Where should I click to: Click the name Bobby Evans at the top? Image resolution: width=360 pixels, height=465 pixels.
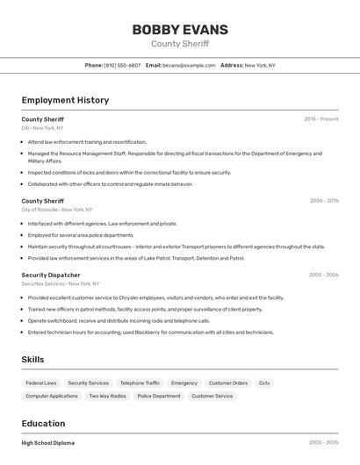(x=179, y=29)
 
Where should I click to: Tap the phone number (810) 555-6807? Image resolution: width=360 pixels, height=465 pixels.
(x=122, y=65)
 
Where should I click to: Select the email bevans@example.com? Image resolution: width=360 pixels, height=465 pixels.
(x=189, y=65)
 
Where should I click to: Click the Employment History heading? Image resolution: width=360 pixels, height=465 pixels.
(x=65, y=100)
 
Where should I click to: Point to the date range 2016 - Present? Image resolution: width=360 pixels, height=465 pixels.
(x=321, y=119)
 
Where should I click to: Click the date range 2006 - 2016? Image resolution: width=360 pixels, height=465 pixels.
(x=324, y=201)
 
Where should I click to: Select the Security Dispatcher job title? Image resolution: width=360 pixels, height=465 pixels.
(x=51, y=275)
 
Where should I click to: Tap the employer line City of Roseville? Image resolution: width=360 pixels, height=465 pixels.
(x=57, y=210)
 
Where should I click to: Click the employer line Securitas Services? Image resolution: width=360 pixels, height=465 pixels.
(x=61, y=283)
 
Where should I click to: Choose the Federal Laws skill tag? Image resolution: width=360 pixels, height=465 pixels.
(x=41, y=383)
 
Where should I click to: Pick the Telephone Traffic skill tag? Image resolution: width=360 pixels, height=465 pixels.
(x=140, y=383)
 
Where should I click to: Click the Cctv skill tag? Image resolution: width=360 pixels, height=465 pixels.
(x=264, y=383)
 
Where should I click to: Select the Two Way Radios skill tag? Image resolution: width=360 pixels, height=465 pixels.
(x=107, y=396)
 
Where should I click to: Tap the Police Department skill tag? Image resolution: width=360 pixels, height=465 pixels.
(x=159, y=396)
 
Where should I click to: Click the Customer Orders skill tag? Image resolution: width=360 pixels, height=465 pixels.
(x=228, y=383)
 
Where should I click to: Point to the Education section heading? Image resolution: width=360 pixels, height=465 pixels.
(x=43, y=424)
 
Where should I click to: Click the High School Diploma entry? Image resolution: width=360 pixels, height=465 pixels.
(x=48, y=443)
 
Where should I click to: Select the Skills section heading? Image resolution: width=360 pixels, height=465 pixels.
(x=32, y=360)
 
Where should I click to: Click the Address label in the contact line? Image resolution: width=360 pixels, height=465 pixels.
(x=232, y=65)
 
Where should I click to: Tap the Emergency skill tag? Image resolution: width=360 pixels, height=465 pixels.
(x=184, y=383)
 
